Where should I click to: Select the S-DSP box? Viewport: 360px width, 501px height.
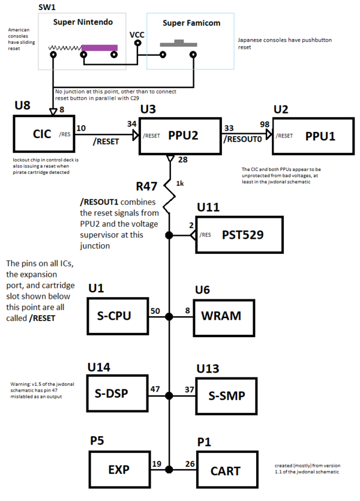pos(118,394)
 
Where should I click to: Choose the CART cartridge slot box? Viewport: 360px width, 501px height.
pos(226,470)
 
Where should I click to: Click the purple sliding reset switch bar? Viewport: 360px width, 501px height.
pos(100,47)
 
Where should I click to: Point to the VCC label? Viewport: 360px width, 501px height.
pos(137,35)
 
